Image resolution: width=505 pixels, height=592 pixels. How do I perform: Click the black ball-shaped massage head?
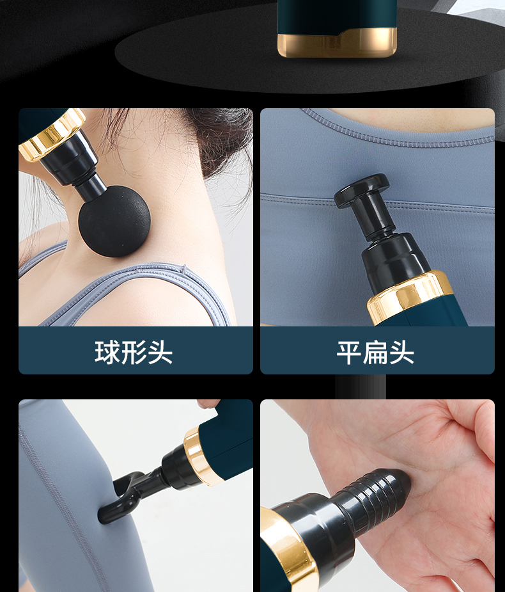tap(114, 221)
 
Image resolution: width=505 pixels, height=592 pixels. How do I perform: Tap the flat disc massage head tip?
tap(362, 190)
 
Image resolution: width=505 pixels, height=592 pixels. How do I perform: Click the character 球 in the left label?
tap(107, 353)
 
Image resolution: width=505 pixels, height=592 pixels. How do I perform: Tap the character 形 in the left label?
tap(134, 353)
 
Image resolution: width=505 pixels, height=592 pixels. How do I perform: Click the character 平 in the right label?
tap(349, 353)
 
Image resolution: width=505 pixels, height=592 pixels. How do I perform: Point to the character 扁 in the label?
tap(376, 353)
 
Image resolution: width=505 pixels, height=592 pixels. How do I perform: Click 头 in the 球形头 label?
tap(160, 353)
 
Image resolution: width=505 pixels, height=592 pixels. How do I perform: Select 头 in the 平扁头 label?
tap(401, 353)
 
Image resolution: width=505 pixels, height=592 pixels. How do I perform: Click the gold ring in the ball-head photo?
tap(53, 134)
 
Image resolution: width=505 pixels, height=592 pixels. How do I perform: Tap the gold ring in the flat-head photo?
tap(410, 297)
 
